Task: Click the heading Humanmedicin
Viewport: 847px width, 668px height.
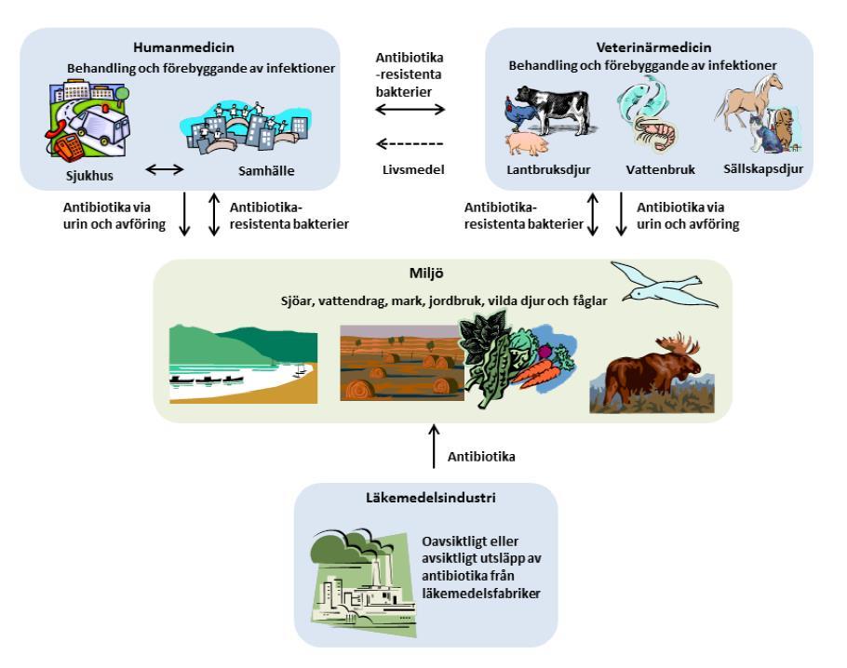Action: [x=183, y=47]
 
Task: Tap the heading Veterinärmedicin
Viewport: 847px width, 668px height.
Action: [x=653, y=47]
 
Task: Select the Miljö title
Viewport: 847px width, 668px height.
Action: [x=426, y=274]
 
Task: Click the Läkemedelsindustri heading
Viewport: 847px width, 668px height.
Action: [x=431, y=498]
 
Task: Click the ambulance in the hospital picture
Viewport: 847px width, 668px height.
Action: [x=101, y=125]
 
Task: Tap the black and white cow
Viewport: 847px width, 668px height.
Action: [x=554, y=108]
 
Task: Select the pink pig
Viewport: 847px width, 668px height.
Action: [x=527, y=144]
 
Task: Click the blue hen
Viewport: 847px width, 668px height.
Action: [x=519, y=114]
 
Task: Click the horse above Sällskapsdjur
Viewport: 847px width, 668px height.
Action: [x=748, y=101]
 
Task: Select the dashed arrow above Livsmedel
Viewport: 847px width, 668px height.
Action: [x=410, y=144]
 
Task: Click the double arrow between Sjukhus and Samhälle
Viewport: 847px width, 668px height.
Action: [x=165, y=169]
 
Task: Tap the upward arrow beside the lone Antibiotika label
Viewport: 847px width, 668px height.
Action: [x=434, y=446]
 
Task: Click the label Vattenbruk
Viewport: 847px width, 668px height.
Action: [x=661, y=169]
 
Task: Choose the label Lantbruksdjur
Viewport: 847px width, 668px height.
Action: [x=548, y=169]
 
